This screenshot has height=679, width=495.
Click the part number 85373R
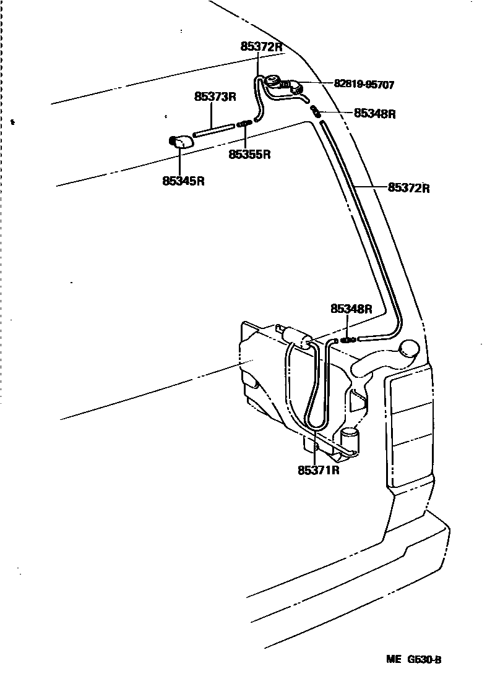pyautogui.click(x=216, y=97)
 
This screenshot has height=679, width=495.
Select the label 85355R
pyautogui.click(x=250, y=155)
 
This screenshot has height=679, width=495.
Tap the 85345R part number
pyautogui.click(x=183, y=181)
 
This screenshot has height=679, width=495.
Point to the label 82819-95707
pyautogui.click(x=364, y=83)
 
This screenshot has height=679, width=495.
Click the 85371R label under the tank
pyautogui.click(x=319, y=471)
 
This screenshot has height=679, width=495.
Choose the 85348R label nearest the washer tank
pyautogui.click(x=351, y=309)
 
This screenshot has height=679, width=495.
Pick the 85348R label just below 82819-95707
pyautogui.click(x=374, y=114)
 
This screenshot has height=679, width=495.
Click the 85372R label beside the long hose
pyautogui.click(x=408, y=187)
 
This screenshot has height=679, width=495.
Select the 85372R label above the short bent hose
pyautogui.click(x=261, y=46)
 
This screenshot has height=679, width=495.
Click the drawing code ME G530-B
pyautogui.click(x=414, y=659)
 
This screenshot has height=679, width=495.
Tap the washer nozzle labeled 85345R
pyautogui.click(x=181, y=142)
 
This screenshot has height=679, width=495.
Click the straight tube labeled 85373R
pyautogui.click(x=214, y=130)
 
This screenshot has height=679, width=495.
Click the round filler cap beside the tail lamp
pyautogui.click(x=410, y=350)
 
